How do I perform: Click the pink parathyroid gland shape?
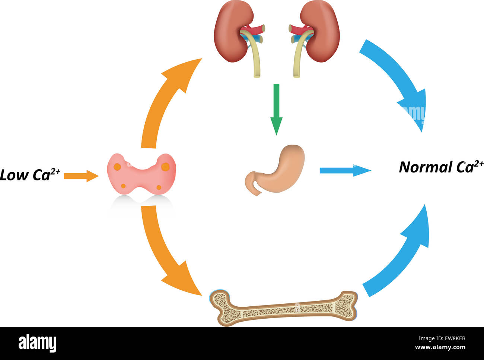141,173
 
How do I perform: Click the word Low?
14,175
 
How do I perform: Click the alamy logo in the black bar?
37,343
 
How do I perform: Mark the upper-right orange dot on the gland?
165,167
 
